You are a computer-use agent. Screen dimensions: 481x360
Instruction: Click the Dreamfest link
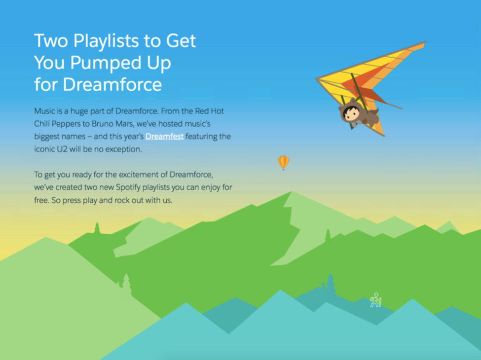point(164,137)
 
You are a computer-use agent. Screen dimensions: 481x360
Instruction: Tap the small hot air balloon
point(284,163)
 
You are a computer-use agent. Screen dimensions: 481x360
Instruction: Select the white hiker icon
point(376,300)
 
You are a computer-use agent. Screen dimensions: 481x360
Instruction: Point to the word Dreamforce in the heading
point(112,84)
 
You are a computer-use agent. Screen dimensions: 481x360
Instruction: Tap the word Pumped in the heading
point(106,63)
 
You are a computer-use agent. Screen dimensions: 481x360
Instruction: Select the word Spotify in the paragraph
point(128,187)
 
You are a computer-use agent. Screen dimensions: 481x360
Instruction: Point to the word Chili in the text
point(42,124)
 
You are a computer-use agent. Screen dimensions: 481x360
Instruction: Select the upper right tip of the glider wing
point(425,42)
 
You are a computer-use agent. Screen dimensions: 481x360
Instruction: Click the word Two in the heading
point(51,41)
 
